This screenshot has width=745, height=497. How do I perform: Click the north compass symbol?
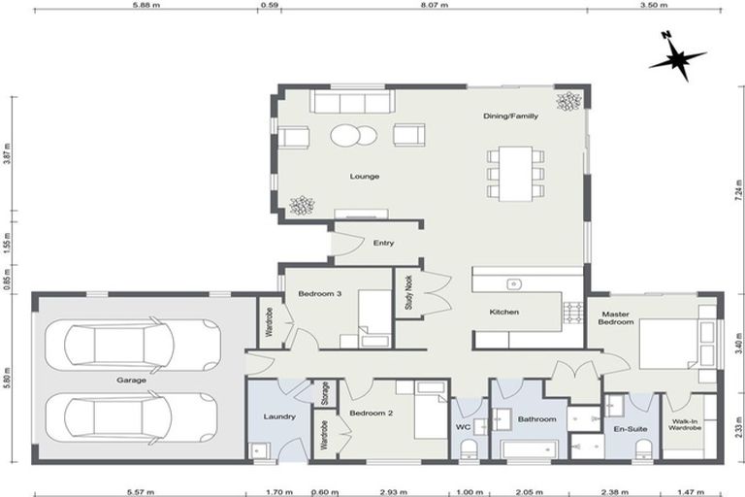click(x=676, y=57)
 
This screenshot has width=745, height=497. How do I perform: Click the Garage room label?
click(x=132, y=380)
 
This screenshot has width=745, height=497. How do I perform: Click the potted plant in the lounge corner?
click(x=303, y=206)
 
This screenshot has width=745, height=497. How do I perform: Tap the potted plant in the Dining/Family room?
click(x=567, y=100)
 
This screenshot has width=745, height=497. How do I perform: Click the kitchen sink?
click(x=513, y=283)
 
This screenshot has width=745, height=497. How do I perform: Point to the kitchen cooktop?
click(x=572, y=312)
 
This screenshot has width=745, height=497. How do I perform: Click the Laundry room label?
click(x=278, y=417)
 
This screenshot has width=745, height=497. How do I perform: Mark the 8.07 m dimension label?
click(x=433, y=5)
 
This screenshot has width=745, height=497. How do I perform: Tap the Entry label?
click(x=383, y=243)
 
